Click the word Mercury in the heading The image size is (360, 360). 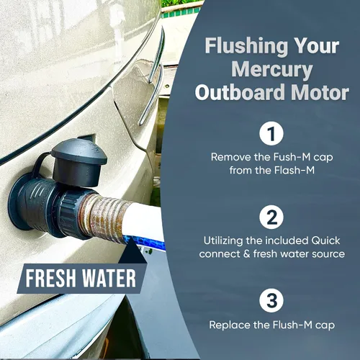pyautogui.click(x=271, y=70)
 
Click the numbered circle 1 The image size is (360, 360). pyautogui.click(x=271, y=133)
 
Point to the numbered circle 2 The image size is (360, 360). pyautogui.click(x=271, y=217)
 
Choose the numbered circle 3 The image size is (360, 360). pyautogui.click(x=271, y=300)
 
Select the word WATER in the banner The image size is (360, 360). pyautogui.click(x=109, y=279)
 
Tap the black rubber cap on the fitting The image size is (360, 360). pyautogui.click(x=78, y=162)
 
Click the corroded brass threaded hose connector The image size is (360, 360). pyautogui.click(x=103, y=215)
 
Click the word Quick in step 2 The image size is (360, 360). pyautogui.click(x=325, y=240)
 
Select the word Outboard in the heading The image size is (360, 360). pyautogui.click(x=241, y=92)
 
